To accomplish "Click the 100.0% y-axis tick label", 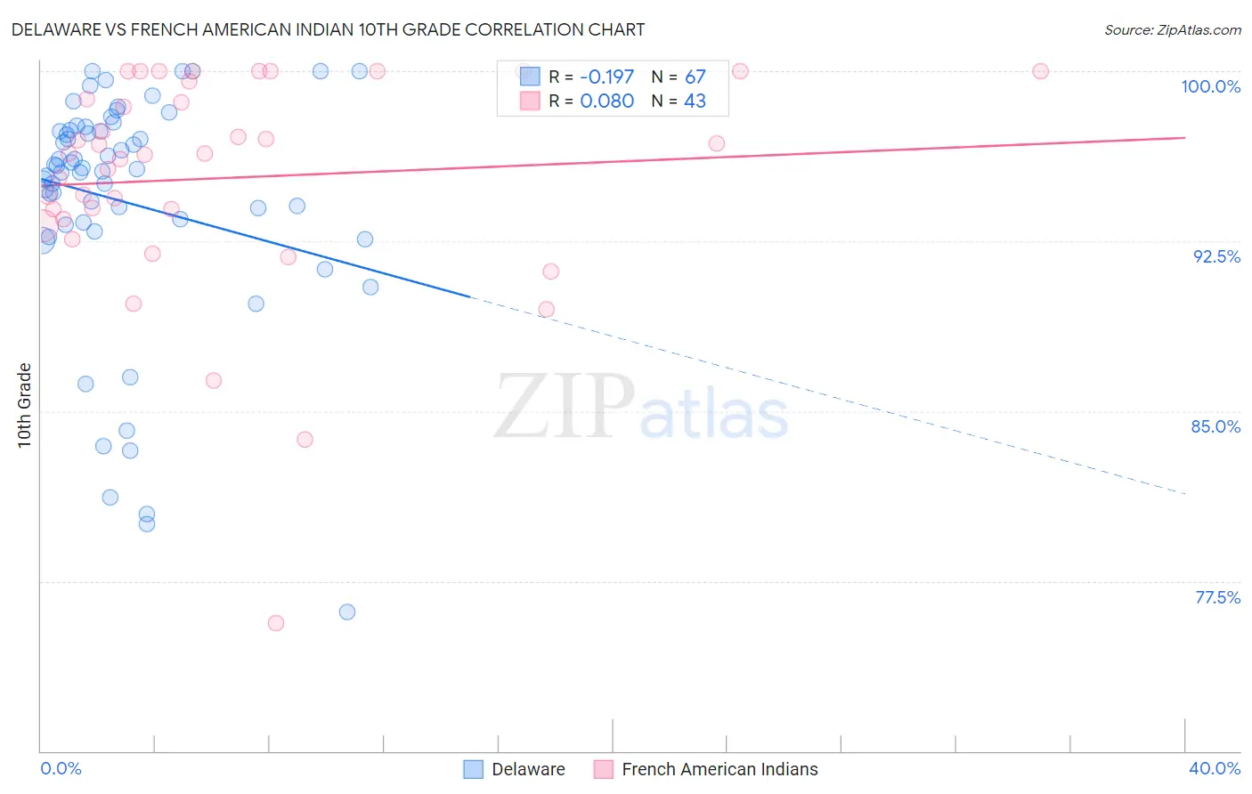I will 1210,86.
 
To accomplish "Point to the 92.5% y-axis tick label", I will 1216,256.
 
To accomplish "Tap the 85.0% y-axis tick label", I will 1215,426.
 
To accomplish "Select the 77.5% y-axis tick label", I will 1217,597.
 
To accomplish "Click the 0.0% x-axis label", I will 61,768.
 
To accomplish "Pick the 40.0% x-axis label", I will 1214,768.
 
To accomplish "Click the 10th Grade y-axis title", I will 24,405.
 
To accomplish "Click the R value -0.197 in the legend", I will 606,77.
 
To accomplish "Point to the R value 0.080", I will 606,101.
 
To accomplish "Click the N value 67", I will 695,77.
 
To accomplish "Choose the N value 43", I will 695,101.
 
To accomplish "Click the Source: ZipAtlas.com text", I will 1172,29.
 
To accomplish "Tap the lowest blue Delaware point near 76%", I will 347,612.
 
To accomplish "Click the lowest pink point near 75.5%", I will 276,623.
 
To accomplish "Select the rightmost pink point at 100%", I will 1040,71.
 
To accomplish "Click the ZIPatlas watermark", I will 641,408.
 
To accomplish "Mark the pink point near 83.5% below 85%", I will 305,439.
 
